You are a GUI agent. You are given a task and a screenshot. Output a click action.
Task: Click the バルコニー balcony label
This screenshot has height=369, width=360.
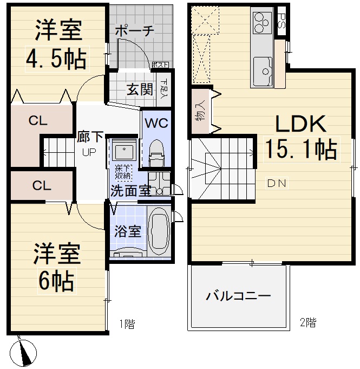click(238, 296)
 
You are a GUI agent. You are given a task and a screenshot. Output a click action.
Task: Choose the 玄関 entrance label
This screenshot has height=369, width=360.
click(138, 88)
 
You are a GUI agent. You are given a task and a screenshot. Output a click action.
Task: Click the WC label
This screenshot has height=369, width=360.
click(156, 123)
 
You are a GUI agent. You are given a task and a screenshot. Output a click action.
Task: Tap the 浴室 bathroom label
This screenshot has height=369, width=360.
click(128, 231)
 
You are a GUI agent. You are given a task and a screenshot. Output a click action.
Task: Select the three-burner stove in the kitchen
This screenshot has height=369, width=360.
click(262, 23)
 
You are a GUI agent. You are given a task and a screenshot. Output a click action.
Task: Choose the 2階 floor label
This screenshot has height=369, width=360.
click(307, 323)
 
